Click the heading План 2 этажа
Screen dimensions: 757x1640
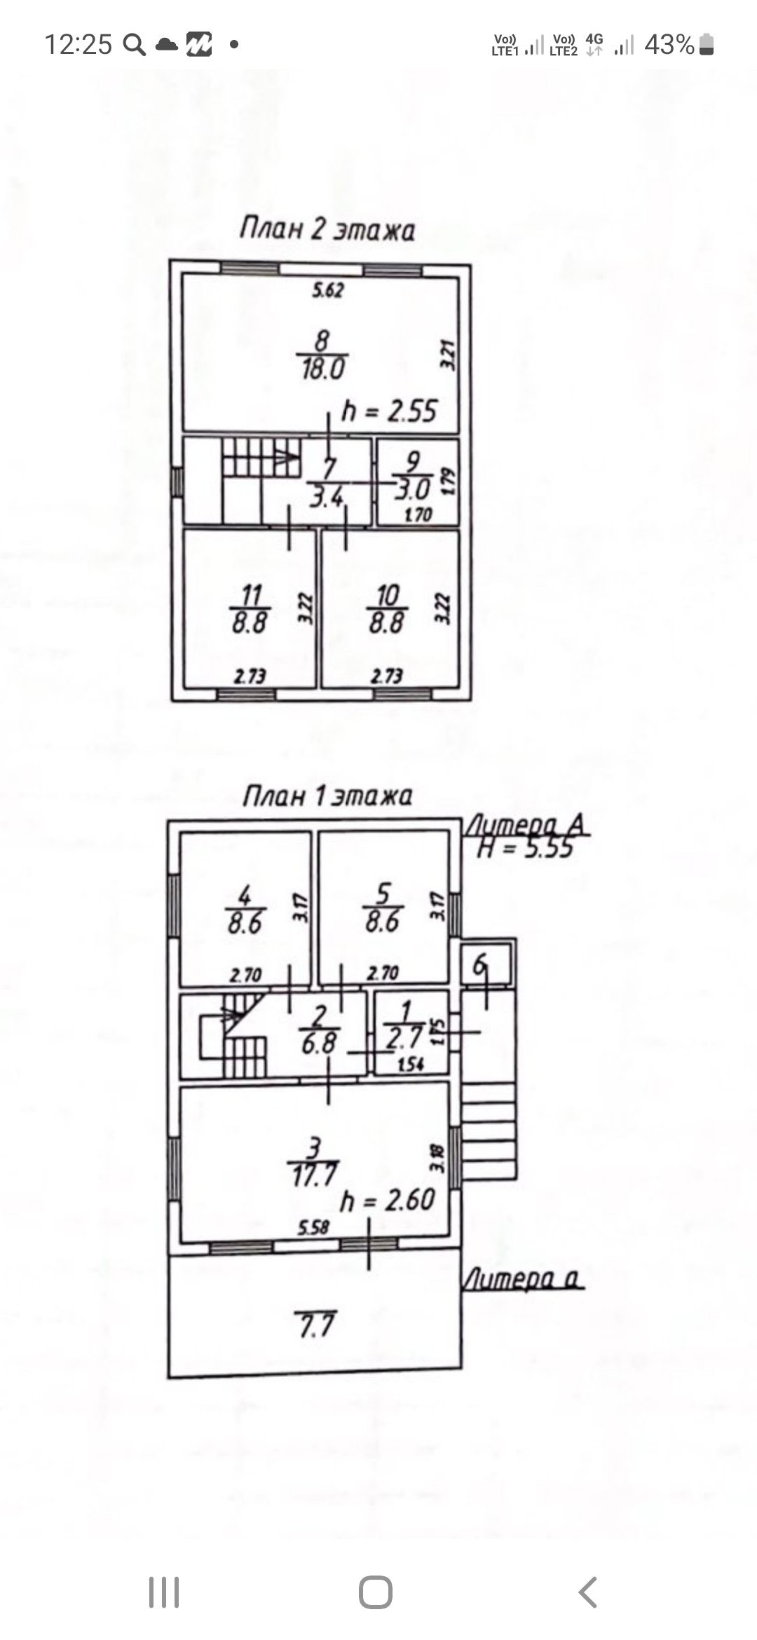tap(327, 230)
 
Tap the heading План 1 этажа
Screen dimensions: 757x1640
tap(327, 796)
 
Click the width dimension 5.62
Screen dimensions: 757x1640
tap(327, 290)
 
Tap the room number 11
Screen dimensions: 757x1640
tap(250, 596)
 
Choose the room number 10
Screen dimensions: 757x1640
tap(387, 596)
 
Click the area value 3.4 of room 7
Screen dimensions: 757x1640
tap(326, 497)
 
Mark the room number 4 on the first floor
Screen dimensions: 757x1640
tap(245, 895)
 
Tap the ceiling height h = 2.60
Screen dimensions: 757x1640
tap(388, 1201)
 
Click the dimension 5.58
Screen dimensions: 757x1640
tap(313, 1227)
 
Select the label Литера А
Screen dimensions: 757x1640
tap(527, 826)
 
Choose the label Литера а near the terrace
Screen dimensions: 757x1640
tap(523, 1280)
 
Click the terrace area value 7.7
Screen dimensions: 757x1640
tap(315, 1325)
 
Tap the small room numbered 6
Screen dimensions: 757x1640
tap(480, 966)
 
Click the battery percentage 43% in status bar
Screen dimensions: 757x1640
tap(669, 45)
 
